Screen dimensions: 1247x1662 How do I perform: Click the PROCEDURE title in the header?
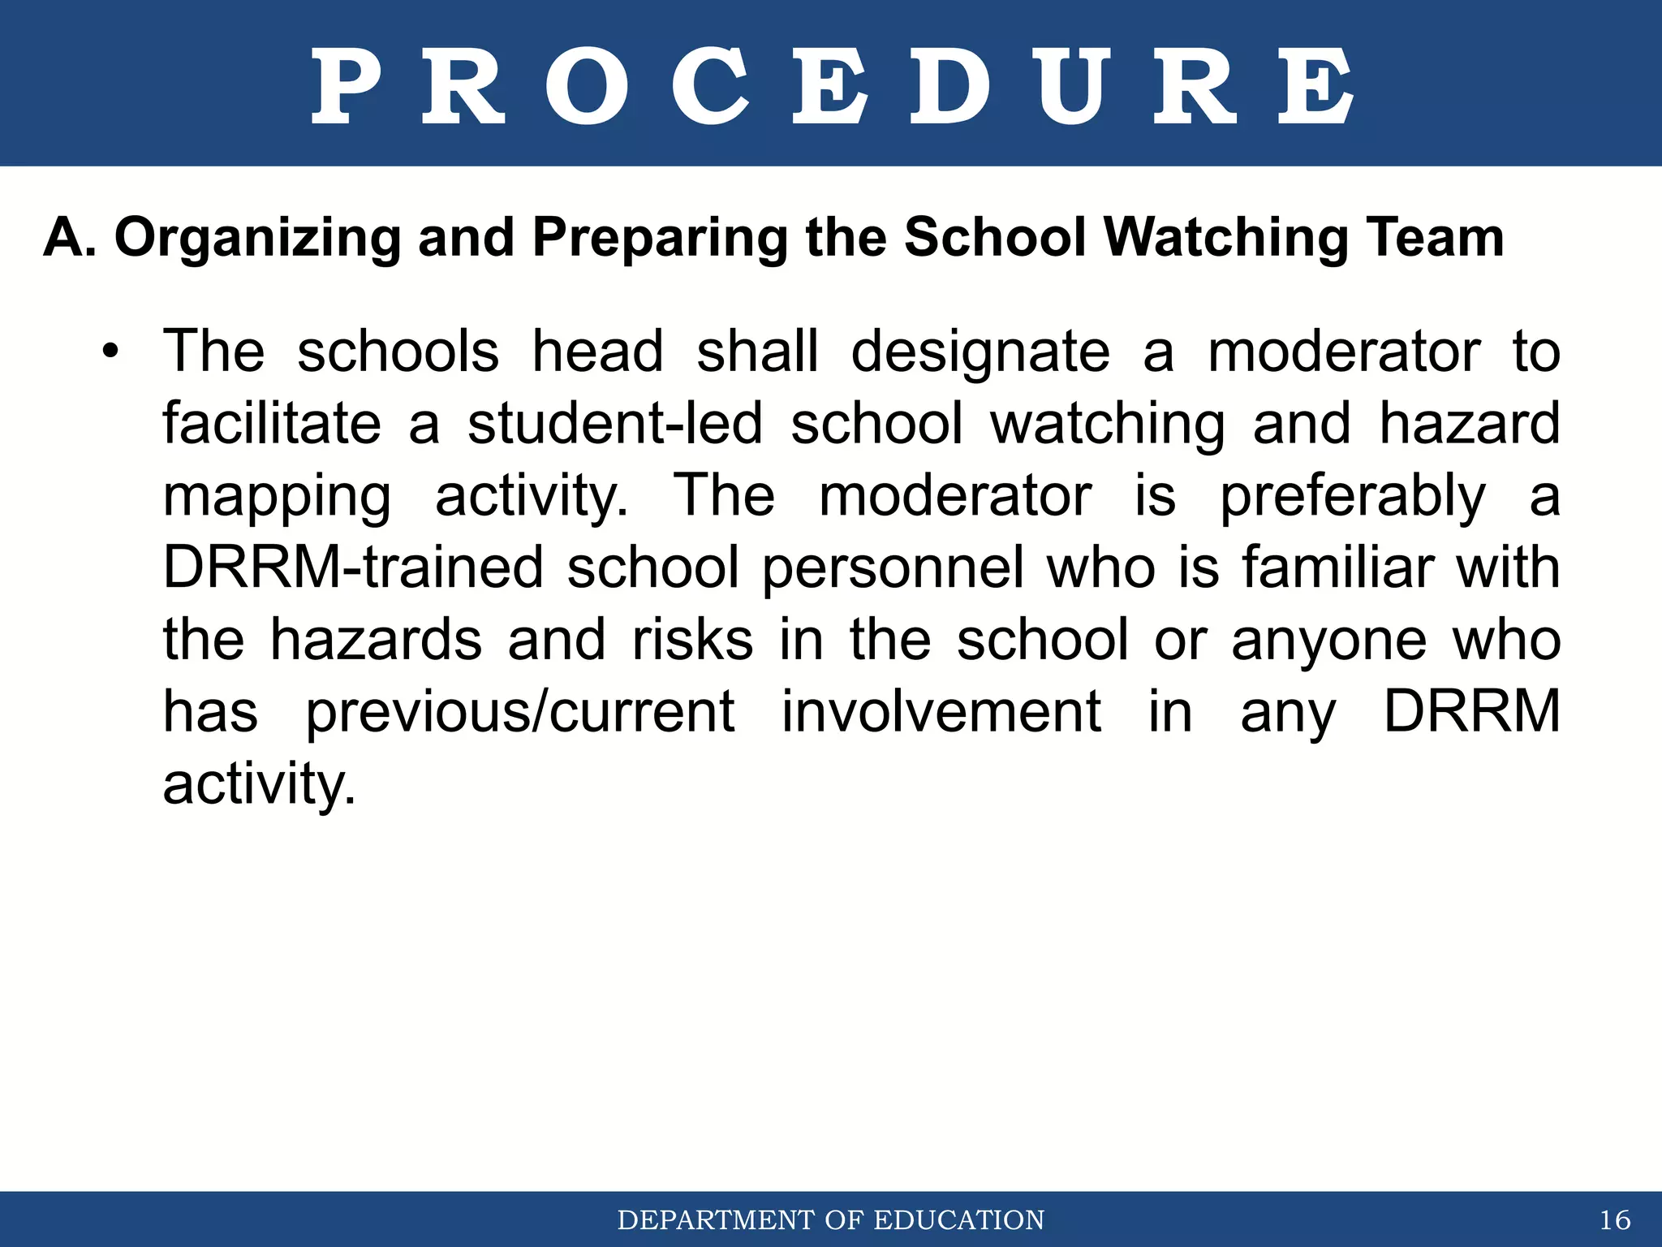[x=831, y=85]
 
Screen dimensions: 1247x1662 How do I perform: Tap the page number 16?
[x=1615, y=1220]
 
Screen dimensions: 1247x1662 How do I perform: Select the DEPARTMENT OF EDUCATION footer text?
[x=831, y=1220]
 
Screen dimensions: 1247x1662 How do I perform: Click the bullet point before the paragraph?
[x=110, y=353]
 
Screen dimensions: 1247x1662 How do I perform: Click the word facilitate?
[x=272, y=424]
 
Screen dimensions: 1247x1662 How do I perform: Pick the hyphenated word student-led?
[x=615, y=424]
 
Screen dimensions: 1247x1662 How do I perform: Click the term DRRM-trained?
[x=353, y=567]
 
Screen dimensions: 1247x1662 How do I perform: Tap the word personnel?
[x=893, y=569]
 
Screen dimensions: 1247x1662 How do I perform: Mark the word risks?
[x=693, y=640]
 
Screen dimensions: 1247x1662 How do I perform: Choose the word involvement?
[x=941, y=712]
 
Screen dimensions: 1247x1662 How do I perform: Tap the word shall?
[x=757, y=353]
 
